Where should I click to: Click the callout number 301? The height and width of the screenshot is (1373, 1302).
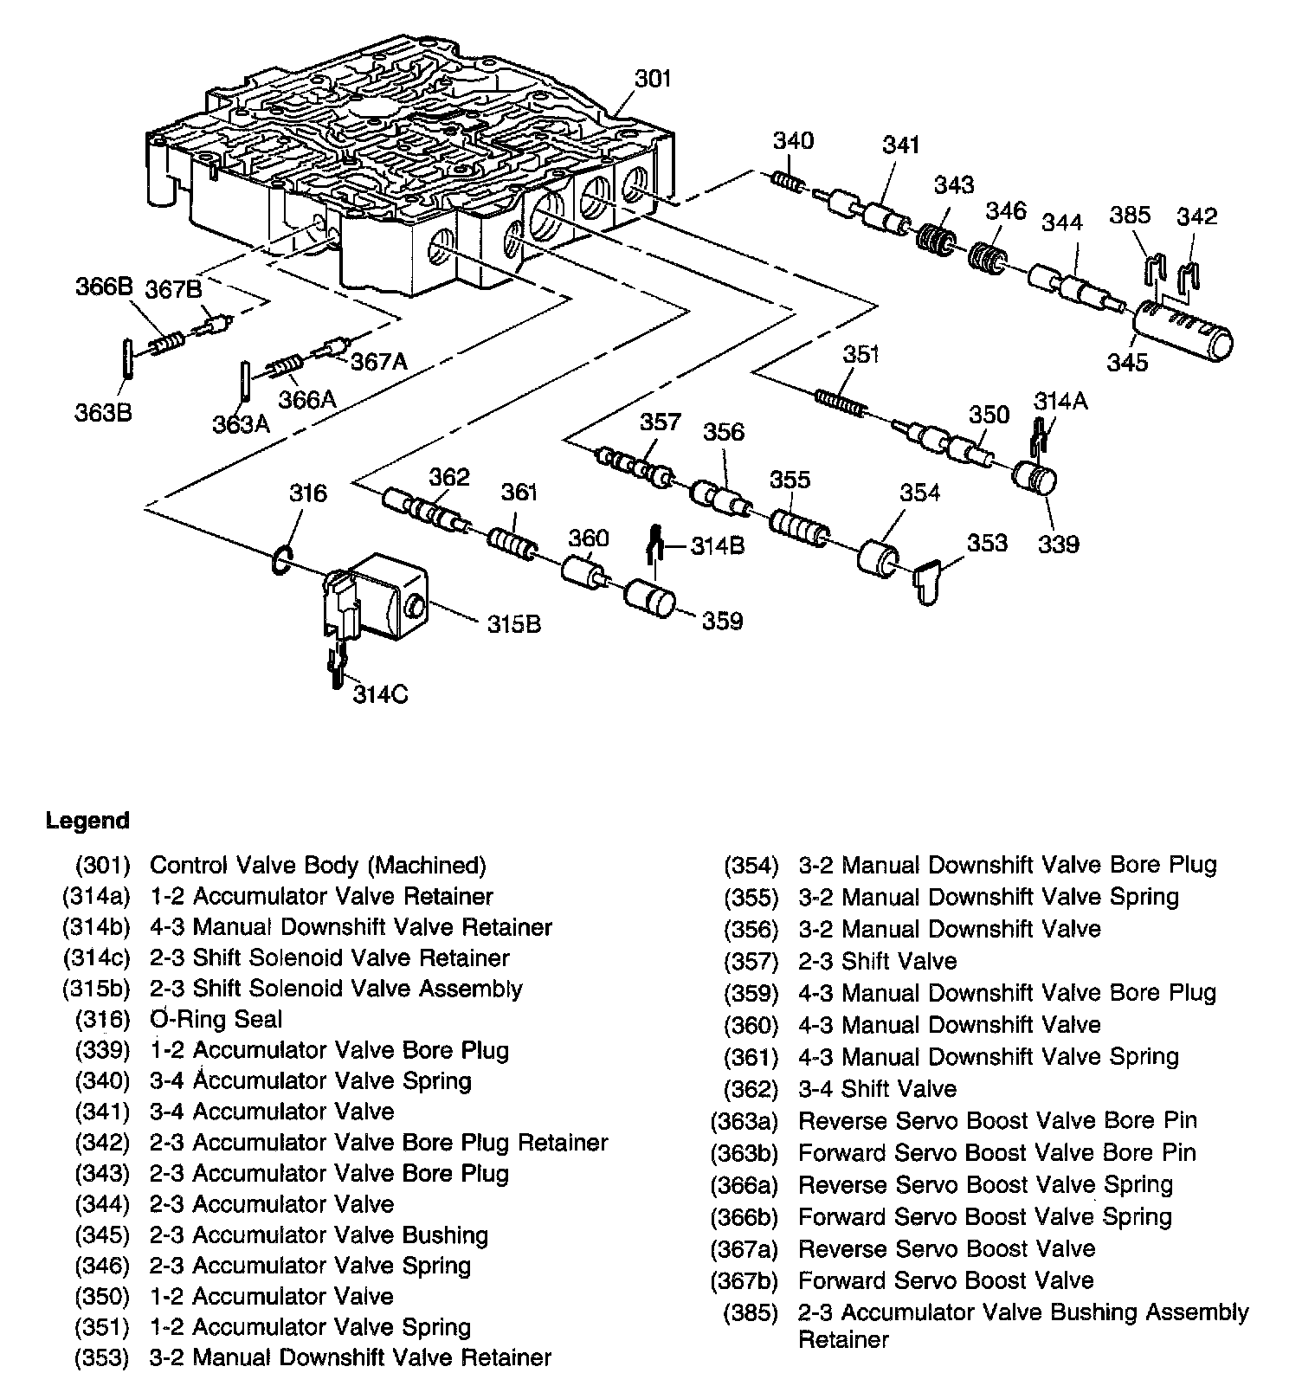pos(653,79)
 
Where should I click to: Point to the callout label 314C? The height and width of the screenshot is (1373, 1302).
pos(381,693)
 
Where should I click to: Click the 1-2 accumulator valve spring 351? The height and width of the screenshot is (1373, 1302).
pos(840,403)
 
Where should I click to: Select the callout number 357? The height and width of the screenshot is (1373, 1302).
pos(660,422)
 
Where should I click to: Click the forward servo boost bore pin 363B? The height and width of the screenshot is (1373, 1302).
pos(128,358)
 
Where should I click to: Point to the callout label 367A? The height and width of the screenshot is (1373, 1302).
pos(378,362)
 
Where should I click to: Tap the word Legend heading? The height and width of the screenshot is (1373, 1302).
pos(87,821)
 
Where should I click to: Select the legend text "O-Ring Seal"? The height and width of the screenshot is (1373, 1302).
pos(216,1020)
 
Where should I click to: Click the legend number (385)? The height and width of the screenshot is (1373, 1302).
pos(751,1313)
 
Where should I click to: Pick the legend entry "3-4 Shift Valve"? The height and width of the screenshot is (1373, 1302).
pos(878,1089)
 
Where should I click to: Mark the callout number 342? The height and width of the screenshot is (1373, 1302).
pos(1196,216)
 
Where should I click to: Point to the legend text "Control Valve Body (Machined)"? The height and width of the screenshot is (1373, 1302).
pos(318,865)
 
